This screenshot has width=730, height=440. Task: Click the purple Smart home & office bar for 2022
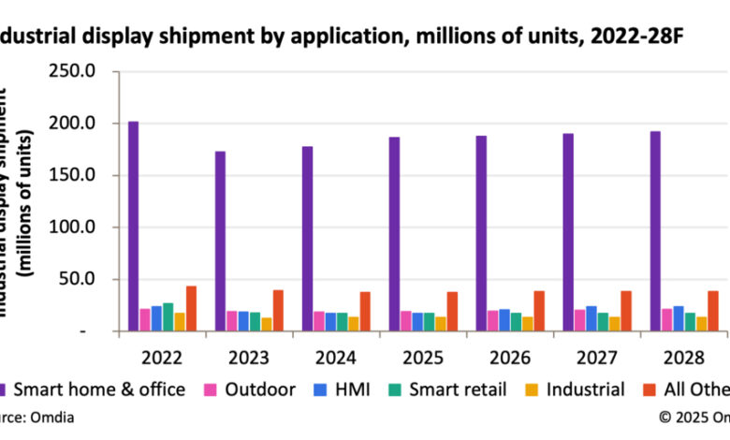click(134, 226)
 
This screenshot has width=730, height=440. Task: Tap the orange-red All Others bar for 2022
click(191, 308)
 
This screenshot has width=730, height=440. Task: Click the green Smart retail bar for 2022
click(168, 316)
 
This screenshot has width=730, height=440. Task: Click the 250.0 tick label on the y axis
click(80, 71)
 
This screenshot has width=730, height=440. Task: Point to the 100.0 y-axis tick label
click(80, 227)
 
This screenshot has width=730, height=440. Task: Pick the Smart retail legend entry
click(457, 389)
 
